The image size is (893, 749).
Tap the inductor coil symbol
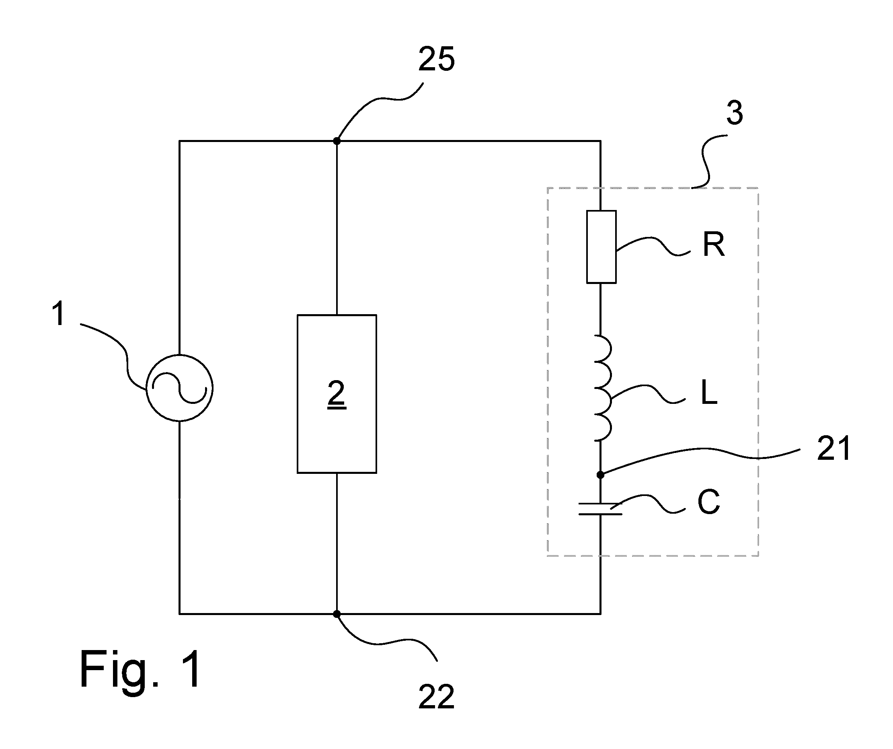[x=603, y=387]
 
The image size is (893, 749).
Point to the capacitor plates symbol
[x=600, y=509]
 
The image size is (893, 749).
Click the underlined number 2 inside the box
[x=337, y=394]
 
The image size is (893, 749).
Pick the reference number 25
[x=436, y=59]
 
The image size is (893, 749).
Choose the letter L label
[x=709, y=392]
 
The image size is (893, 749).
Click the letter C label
[x=709, y=502]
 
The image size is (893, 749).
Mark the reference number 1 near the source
[x=59, y=313]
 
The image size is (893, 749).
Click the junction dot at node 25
[x=337, y=141]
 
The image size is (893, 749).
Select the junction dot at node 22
[x=337, y=614]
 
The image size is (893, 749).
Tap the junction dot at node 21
[x=600, y=475]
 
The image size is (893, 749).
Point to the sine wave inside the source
[x=179, y=388]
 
